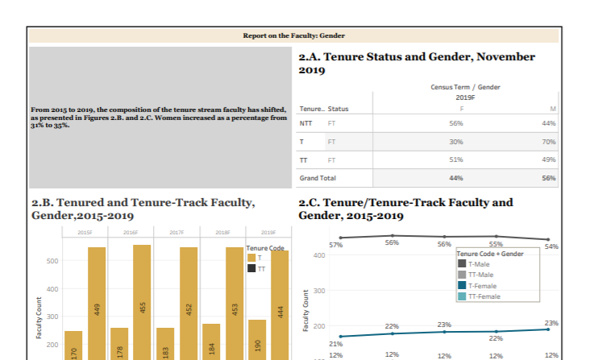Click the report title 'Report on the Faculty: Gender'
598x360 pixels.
(293, 35)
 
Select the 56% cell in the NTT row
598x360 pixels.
(455, 124)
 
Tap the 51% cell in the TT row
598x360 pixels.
(455, 159)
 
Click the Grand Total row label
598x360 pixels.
(318, 177)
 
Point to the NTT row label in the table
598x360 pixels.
(305, 124)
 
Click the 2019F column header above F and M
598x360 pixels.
(466, 97)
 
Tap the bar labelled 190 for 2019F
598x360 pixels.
(256, 339)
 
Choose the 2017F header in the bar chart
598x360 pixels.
(176, 232)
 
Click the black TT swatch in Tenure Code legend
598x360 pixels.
(251, 268)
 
